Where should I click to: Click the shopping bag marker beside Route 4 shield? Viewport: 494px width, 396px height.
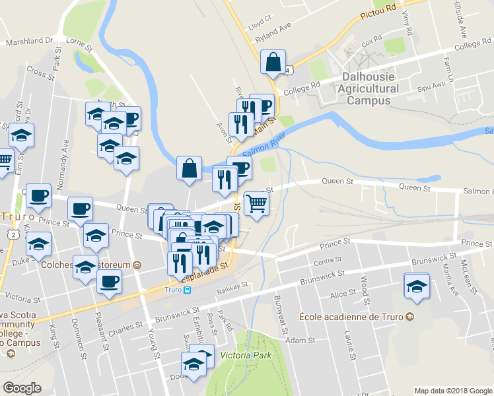[273, 62]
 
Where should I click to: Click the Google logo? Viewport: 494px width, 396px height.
[22, 388]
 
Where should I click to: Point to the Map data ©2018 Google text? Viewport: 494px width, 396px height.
[452, 391]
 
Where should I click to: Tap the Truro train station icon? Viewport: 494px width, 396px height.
[188, 290]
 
